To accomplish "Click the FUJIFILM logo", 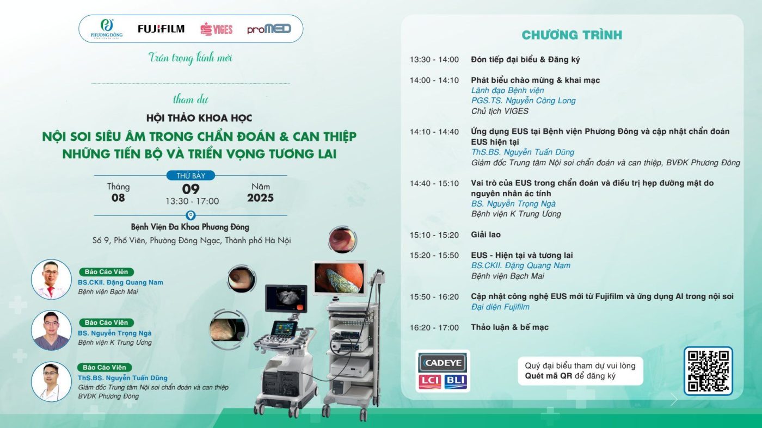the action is (x=161, y=29).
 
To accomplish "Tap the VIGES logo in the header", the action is (x=217, y=29).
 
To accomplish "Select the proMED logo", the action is (x=269, y=29).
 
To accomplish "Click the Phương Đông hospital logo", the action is (x=107, y=29).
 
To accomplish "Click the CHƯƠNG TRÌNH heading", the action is (x=572, y=35).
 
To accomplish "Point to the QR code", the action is (x=708, y=371).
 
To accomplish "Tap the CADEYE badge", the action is (x=443, y=363).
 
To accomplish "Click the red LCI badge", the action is (x=430, y=381).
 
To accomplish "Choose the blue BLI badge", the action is (x=456, y=381).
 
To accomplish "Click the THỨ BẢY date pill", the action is (x=190, y=176).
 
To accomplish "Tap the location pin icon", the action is (x=190, y=215).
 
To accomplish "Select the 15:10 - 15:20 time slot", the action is (x=434, y=235).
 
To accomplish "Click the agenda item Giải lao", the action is (x=486, y=234).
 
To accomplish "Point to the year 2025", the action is (x=260, y=198).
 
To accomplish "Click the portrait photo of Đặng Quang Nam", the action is (x=51, y=280).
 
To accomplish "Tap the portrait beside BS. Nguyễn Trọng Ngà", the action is (x=51, y=330).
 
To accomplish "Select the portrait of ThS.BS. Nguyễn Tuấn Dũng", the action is (x=51, y=381).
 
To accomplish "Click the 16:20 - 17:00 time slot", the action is (x=434, y=328).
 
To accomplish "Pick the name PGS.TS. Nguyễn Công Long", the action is (x=523, y=101).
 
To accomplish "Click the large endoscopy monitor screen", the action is (x=339, y=278).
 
